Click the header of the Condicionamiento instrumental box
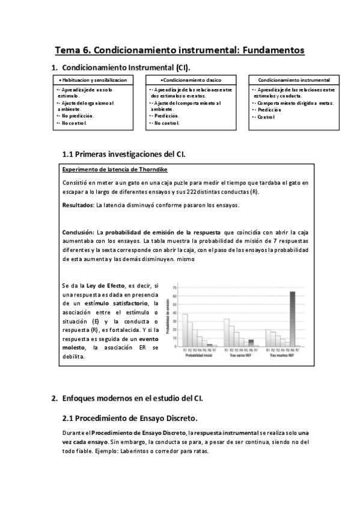[293, 80]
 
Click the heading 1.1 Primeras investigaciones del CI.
[124, 154]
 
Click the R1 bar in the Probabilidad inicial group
[185, 331]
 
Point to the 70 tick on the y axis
[174, 288]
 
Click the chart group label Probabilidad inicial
[198, 356]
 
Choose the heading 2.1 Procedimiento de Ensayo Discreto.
[130, 418]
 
